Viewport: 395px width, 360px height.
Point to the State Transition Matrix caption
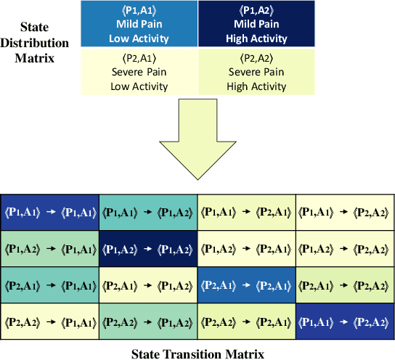point(197,353)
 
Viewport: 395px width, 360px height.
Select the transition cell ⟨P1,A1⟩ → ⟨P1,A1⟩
point(49,211)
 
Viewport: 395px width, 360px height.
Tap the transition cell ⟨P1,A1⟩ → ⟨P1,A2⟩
point(148,211)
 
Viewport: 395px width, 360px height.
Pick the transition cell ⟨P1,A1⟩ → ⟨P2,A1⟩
point(246,211)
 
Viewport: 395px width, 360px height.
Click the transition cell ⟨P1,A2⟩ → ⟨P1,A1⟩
point(49,249)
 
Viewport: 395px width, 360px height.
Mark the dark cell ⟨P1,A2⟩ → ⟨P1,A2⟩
point(148,249)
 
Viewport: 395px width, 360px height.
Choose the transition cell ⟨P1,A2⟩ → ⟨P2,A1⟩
point(246,249)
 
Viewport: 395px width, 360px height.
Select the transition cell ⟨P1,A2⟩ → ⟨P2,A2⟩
point(345,249)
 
